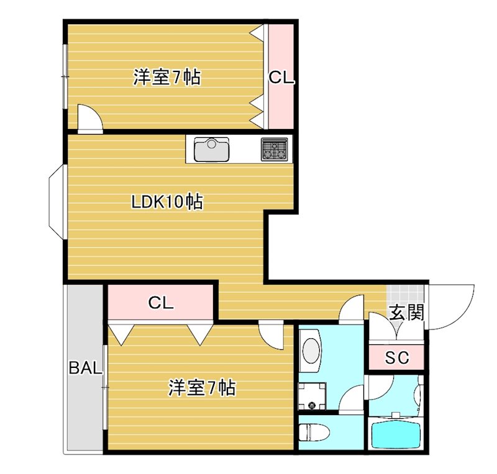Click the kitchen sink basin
point(212,150)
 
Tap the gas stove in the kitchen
point(273,149)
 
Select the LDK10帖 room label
point(167,202)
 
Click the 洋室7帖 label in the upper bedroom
point(166,78)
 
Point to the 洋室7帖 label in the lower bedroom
point(201,388)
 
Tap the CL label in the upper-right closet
point(280,78)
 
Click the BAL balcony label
point(84,368)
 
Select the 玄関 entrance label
point(406,312)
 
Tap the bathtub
point(396,434)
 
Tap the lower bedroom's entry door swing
point(271,335)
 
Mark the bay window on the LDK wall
point(56,201)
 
